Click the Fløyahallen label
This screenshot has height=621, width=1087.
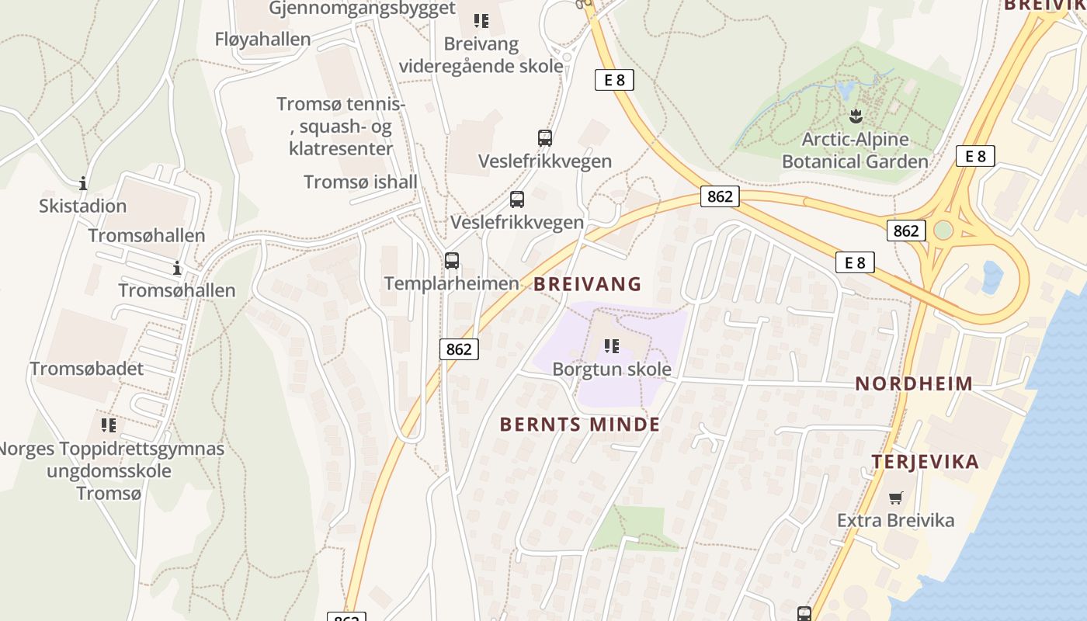point(262,39)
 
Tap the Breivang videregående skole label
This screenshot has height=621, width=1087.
point(481,55)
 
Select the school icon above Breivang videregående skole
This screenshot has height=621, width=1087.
point(481,21)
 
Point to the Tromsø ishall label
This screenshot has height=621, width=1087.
point(360,182)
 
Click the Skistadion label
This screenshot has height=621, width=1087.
point(82,206)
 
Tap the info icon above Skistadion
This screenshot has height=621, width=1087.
point(83,184)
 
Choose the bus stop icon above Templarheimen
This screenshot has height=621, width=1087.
point(452,261)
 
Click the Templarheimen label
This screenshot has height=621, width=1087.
point(451,283)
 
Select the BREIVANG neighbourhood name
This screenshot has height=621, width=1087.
point(588,284)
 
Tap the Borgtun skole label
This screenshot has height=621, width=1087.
point(612,369)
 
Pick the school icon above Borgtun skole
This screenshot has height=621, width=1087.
point(612,345)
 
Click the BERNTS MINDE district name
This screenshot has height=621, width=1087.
point(580,425)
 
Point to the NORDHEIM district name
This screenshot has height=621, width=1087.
point(914,383)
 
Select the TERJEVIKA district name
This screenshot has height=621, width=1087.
point(925,462)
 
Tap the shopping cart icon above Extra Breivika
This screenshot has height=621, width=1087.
point(896,498)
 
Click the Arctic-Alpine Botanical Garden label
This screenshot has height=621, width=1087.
point(855,151)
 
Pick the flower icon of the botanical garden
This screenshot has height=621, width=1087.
point(856,117)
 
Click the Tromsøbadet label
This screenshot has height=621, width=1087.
point(87,369)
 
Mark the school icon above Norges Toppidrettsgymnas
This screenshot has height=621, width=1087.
point(109,425)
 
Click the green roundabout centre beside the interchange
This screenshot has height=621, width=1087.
point(943,231)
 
